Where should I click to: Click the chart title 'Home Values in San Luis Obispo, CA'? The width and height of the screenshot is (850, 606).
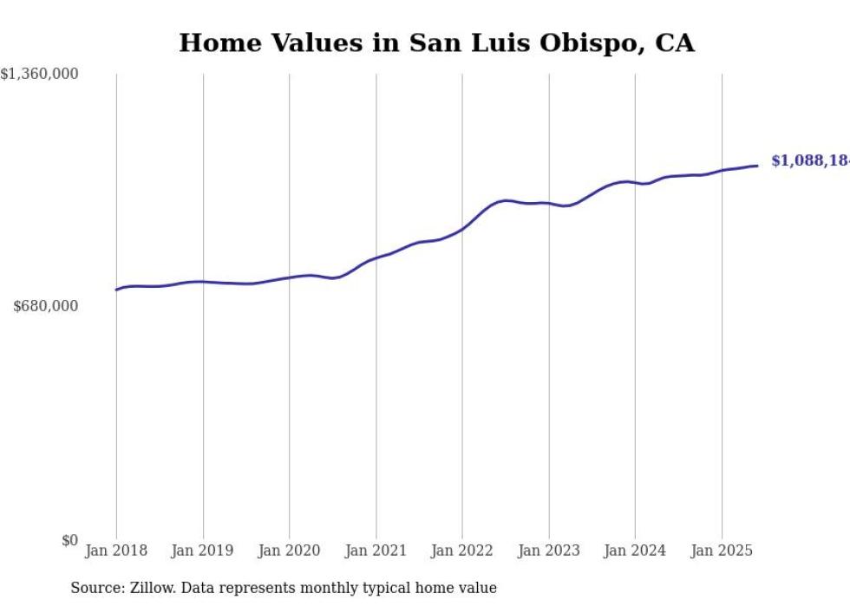click(436, 43)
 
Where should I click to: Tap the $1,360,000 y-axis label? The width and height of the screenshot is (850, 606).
click(40, 75)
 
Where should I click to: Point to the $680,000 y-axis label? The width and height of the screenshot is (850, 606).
click(46, 306)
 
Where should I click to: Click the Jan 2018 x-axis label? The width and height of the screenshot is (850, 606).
click(116, 551)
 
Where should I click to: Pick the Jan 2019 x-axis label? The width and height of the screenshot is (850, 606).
click(203, 551)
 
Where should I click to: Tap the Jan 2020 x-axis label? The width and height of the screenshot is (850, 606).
click(289, 551)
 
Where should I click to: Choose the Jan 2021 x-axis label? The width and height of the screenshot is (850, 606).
click(376, 551)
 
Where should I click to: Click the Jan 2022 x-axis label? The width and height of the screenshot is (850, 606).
click(462, 551)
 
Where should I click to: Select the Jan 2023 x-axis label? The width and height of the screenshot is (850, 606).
click(548, 551)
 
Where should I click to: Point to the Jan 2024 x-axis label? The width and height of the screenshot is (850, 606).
click(635, 551)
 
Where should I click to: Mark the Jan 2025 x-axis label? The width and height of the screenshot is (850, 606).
click(722, 551)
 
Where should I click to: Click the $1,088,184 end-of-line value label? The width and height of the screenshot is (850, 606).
click(809, 161)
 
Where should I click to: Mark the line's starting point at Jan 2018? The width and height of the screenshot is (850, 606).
click(116, 290)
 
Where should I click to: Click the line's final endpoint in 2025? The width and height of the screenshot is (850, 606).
click(758, 166)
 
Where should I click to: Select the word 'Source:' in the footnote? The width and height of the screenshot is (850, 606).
click(96, 589)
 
